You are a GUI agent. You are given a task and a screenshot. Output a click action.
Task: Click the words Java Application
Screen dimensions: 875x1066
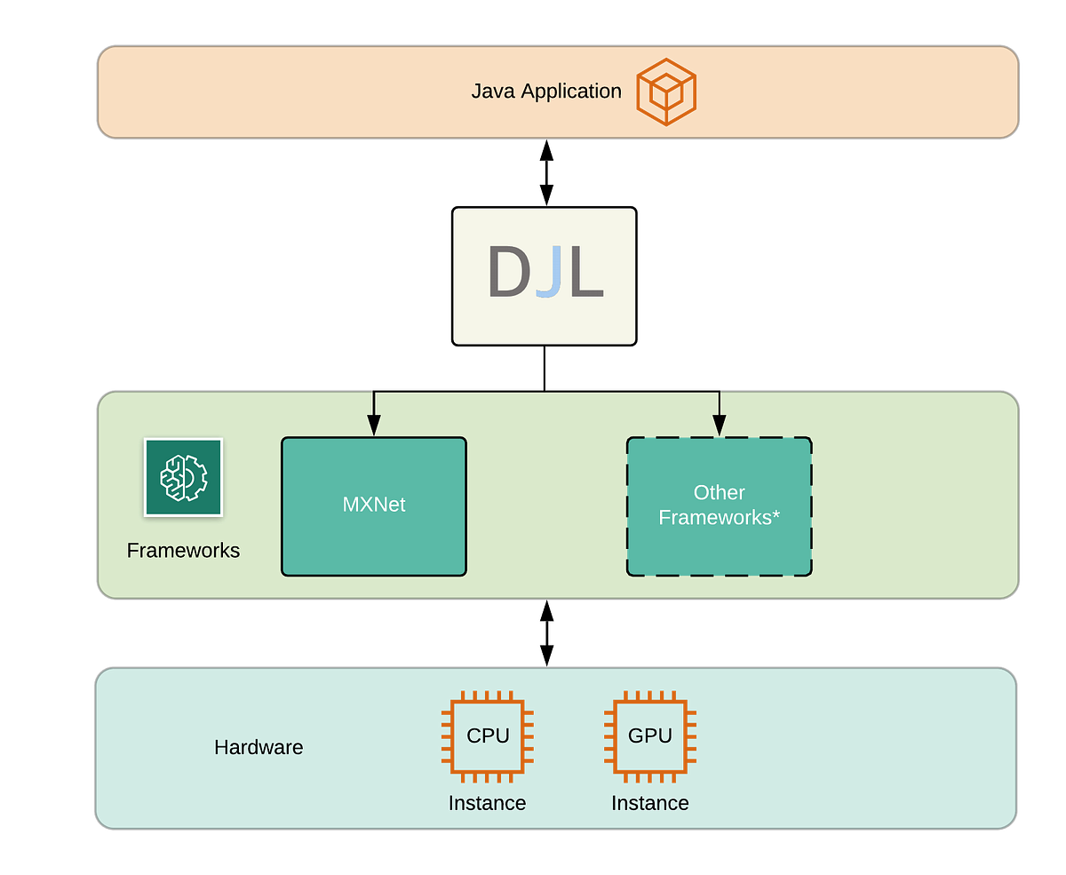(545, 91)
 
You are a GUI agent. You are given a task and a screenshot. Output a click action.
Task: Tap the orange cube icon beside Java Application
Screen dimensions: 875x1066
(665, 91)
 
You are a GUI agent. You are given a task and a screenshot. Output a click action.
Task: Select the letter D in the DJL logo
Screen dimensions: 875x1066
(508, 274)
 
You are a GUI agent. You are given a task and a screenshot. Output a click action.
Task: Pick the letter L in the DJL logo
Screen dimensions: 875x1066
(585, 274)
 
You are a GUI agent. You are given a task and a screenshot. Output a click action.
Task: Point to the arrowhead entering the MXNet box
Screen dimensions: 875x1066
(374, 426)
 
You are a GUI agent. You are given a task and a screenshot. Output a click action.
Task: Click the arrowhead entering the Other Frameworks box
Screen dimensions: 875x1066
(719, 426)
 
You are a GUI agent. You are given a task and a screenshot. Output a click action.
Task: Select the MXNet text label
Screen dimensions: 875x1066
(374, 505)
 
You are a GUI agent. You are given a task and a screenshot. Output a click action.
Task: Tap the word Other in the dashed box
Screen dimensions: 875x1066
(719, 492)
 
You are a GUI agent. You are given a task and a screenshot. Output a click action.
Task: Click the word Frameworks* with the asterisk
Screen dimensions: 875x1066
(719, 517)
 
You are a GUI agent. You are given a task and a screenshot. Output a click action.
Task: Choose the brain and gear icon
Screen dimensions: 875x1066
(183, 477)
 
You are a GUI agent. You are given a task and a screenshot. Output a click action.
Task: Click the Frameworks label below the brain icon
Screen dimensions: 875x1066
(183, 551)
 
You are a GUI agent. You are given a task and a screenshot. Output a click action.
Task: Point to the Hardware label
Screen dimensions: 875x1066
(259, 748)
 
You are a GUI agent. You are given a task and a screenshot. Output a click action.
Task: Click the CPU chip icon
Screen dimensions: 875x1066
(488, 736)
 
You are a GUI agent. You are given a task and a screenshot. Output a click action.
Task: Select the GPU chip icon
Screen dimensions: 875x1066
(649, 736)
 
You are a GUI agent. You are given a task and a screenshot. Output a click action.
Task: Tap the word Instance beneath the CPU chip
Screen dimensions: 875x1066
(487, 803)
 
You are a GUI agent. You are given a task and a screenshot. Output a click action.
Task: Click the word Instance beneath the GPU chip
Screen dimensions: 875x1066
(649, 803)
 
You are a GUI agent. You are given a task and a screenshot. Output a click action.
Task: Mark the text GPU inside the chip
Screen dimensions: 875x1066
(649, 736)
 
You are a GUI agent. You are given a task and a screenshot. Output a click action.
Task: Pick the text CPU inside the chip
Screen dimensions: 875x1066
(488, 736)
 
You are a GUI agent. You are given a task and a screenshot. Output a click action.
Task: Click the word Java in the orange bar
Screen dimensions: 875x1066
(493, 91)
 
